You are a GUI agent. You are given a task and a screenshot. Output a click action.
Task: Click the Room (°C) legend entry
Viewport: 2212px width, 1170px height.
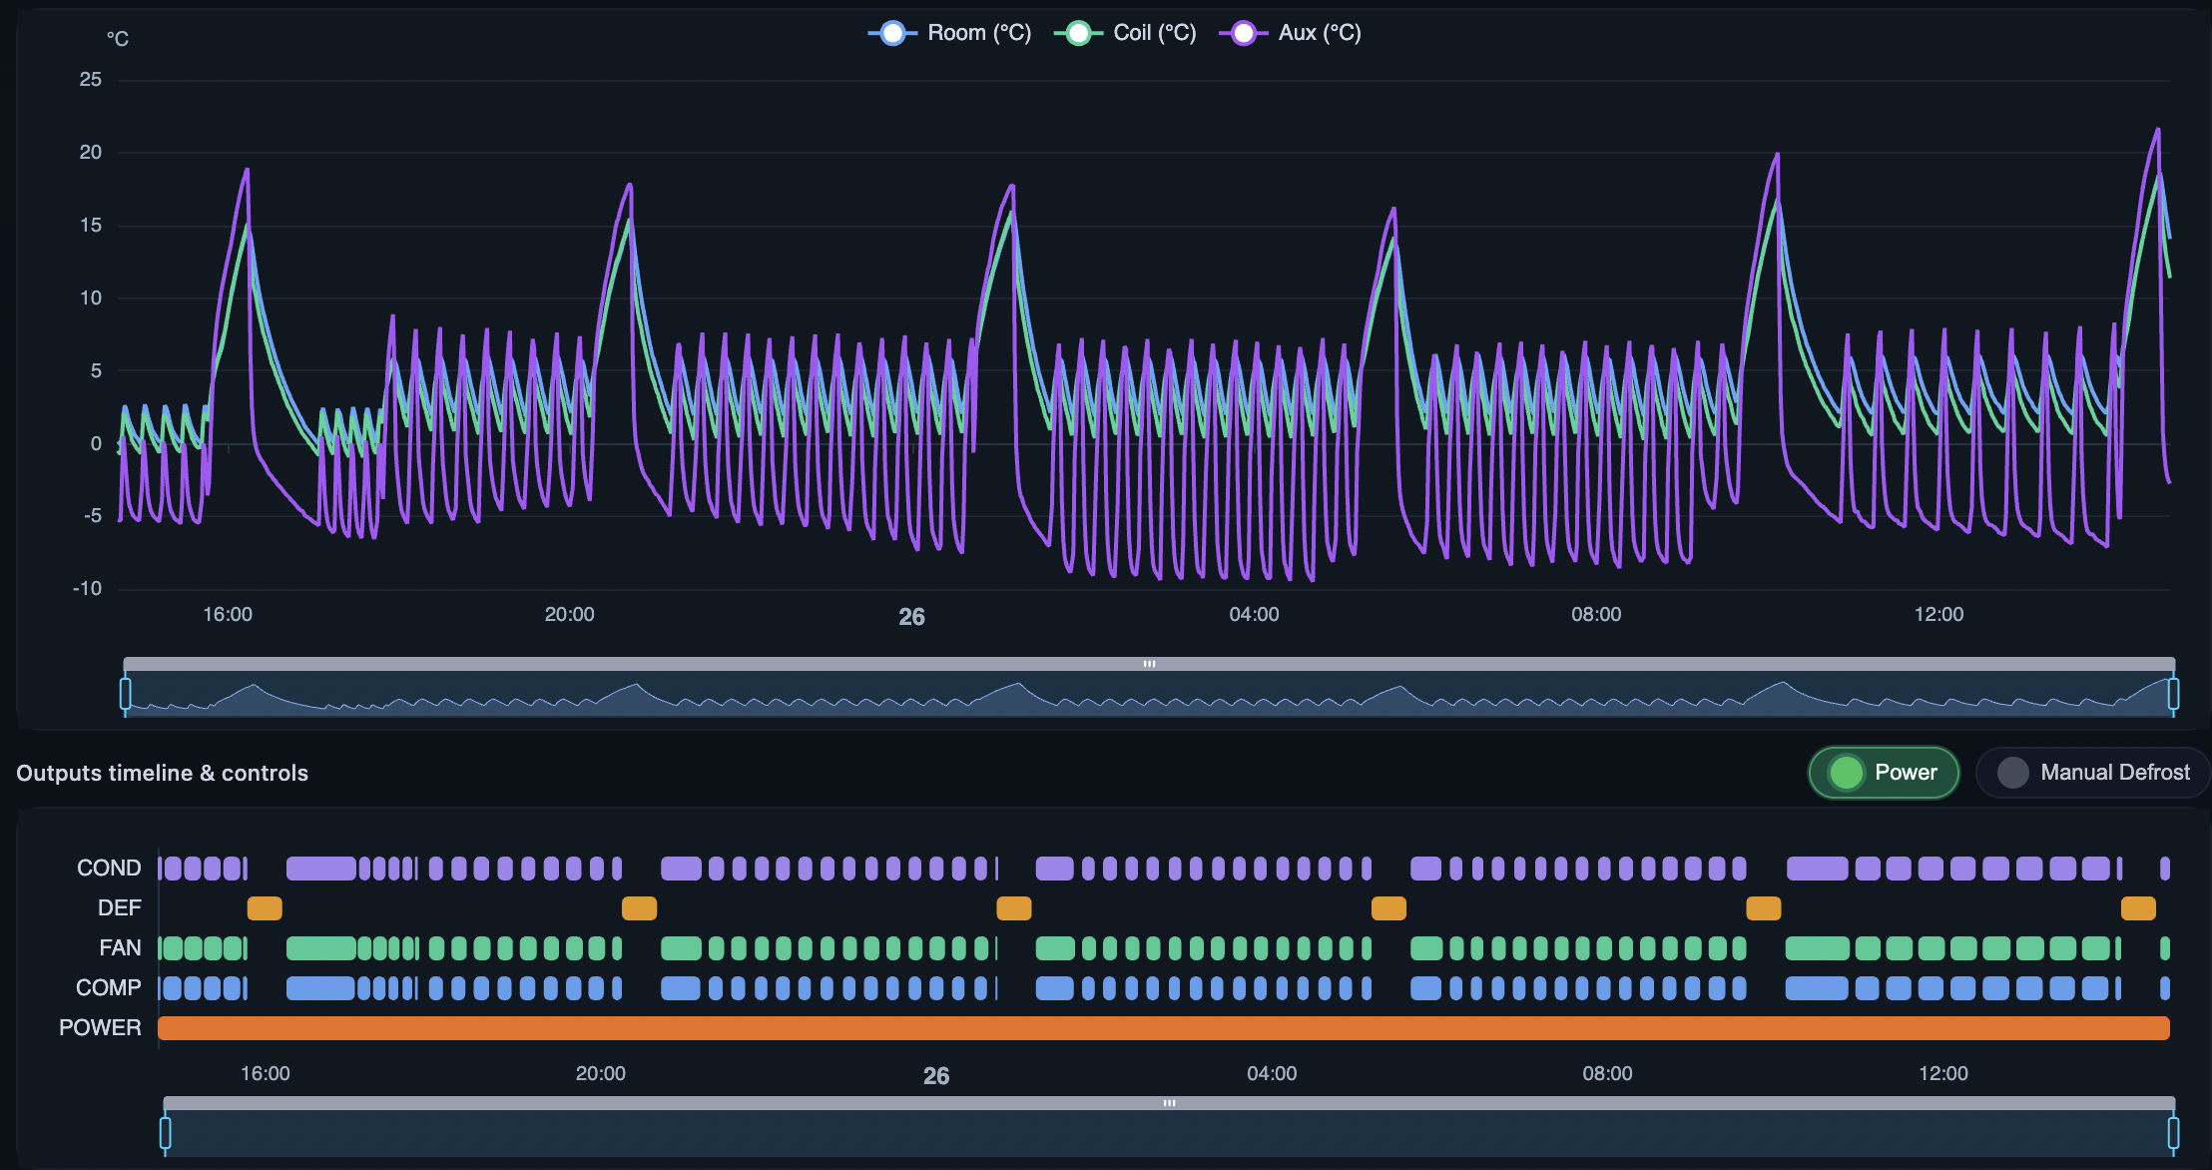949,33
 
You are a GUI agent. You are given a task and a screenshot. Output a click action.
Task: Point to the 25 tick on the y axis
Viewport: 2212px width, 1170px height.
91,80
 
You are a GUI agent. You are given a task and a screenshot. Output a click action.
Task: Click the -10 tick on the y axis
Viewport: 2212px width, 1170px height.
88,588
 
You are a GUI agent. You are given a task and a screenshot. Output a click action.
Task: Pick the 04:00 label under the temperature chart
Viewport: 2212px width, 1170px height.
1254,615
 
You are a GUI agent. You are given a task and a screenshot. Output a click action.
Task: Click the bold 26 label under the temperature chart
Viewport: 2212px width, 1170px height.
911,617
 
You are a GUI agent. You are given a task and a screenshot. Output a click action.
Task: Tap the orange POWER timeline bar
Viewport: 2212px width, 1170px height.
1163,1028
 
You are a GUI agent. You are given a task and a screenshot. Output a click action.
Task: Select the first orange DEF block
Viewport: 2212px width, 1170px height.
265,908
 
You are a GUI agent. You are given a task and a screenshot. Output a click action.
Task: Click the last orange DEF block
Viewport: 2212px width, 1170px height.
2138,908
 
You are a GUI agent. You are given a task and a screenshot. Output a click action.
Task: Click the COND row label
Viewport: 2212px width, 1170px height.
109,869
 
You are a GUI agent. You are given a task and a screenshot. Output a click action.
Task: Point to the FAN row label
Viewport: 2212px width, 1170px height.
120,948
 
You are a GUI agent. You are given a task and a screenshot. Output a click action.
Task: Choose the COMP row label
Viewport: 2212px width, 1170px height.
108,988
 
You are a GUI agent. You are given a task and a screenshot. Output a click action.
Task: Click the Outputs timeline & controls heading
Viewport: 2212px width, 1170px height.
162,773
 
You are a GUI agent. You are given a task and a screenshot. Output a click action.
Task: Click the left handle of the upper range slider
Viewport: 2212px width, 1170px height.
126,693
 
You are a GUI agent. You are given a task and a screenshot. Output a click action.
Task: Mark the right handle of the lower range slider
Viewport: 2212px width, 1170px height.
2173,1133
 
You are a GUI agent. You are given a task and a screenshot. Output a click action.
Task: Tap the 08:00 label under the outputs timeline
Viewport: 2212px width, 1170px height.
1607,1074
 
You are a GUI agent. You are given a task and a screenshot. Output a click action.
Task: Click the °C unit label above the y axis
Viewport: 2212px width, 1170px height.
118,39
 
